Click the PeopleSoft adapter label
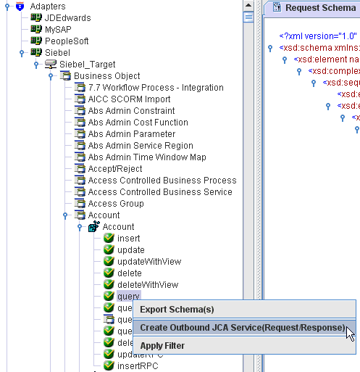(66, 41)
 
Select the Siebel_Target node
(87, 65)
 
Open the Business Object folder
(107, 76)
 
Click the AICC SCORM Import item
(131, 99)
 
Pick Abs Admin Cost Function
(138, 123)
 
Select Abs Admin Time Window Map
(147, 157)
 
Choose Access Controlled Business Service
(160, 192)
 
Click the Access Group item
(116, 204)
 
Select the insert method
(128, 239)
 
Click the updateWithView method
(148, 262)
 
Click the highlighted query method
(128, 297)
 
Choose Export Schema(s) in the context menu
(177, 310)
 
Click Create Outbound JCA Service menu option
(242, 328)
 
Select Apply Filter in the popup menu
(162, 346)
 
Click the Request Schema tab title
(320, 8)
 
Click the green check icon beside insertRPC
(109, 366)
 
